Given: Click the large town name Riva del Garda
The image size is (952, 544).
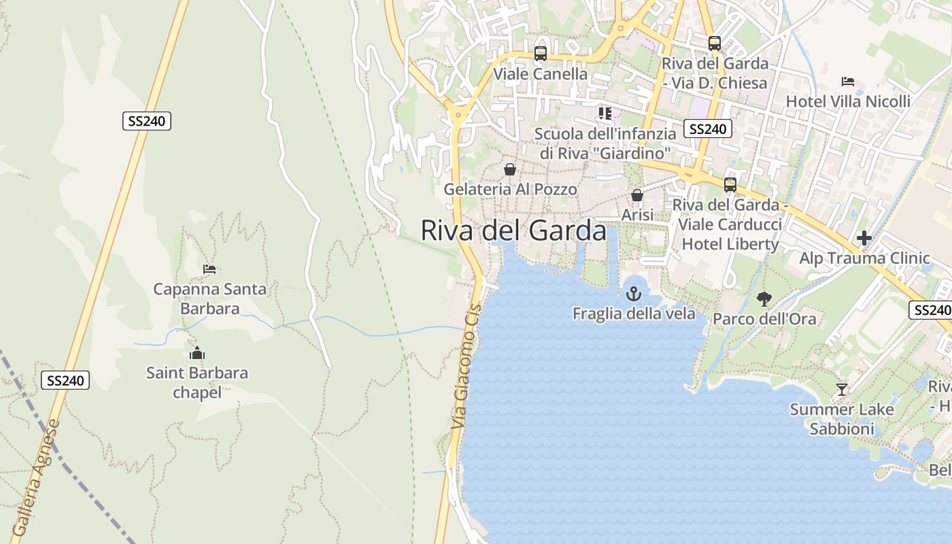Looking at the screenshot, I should (x=513, y=231).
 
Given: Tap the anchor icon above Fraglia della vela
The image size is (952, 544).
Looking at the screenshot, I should (x=634, y=294).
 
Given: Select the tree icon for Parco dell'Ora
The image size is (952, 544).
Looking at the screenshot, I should (x=764, y=299).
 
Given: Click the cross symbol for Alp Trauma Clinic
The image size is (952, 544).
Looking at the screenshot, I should (x=864, y=238).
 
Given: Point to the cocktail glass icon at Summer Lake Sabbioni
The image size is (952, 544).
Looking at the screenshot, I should (x=842, y=390).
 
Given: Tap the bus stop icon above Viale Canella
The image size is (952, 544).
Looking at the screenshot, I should (x=541, y=53).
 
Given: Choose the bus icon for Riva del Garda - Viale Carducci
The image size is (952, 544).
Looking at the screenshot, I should (x=730, y=184).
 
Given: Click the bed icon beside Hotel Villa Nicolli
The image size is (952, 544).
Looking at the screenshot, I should (x=847, y=82).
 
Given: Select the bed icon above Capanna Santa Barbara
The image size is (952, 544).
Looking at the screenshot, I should (x=209, y=269).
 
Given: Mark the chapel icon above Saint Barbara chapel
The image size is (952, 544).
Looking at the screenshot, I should (x=197, y=353).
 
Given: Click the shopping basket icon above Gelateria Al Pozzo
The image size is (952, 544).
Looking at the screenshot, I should (x=509, y=169).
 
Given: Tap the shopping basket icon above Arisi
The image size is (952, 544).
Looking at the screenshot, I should (x=637, y=195).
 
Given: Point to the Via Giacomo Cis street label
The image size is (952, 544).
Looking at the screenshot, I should (x=466, y=367).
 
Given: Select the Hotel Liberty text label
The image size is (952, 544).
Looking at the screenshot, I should (x=730, y=243).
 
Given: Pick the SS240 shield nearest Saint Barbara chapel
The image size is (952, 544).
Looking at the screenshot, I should (x=66, y=380).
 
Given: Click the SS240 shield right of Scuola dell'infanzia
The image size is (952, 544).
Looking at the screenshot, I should (x=707, y=129).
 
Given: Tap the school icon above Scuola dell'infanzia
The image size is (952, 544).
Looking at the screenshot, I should (x=605, y=113).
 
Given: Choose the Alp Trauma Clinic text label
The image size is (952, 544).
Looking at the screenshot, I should (x=864, y=258).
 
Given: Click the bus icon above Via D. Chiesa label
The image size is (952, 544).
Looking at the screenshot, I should (x=714, y=44).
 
